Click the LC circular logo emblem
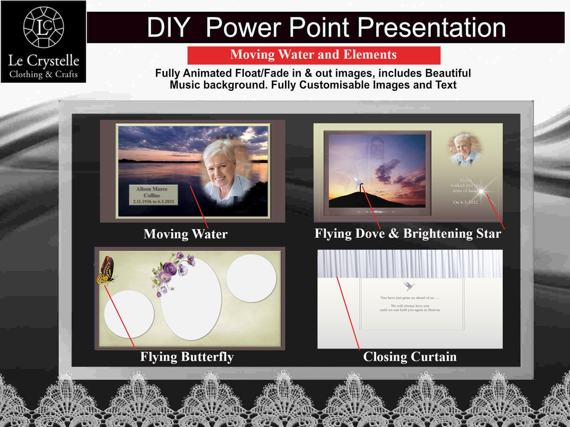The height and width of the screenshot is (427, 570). pyautogui.click(x=43, y=27)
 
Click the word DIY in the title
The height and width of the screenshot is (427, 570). pyautogui.click(x=169, y=27)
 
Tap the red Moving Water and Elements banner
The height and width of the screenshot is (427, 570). pyautogui.click(x=313, y=55)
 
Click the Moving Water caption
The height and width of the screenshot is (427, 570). pyautogui.click(x=185, y=234)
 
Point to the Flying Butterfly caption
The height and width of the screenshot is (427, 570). pyautogui.click(x=187, y=357)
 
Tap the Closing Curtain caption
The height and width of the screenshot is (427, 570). pyautogui.click(x=410, y=357)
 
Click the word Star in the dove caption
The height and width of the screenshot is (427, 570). pyautogui.click(x=488, y=233)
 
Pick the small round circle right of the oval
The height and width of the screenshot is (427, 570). pyautogui.click(x=251, y=278)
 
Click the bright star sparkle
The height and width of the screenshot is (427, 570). pyautogui.click(x=481, y=191)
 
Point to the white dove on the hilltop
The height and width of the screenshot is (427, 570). pyautogui.click(x=357, y=182)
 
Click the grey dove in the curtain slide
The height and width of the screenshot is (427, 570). pyautogui.click(x=408, y=285)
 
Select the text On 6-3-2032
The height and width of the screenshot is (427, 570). pyautogui.click(x=465, y=202)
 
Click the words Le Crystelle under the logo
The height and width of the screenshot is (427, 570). pyautogui.click(x=43, y=61)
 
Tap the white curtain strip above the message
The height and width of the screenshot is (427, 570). pyautogui.click(x=410, y=264)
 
